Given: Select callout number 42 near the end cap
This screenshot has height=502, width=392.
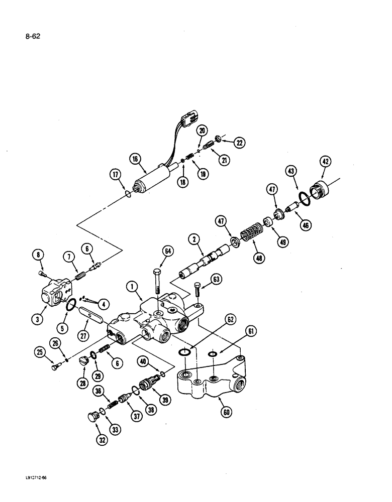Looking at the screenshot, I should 327,162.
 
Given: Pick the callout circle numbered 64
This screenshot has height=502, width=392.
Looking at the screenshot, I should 168,251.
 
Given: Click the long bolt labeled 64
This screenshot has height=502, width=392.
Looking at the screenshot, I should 157,282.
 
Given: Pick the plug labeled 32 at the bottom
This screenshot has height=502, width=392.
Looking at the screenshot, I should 92,416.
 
